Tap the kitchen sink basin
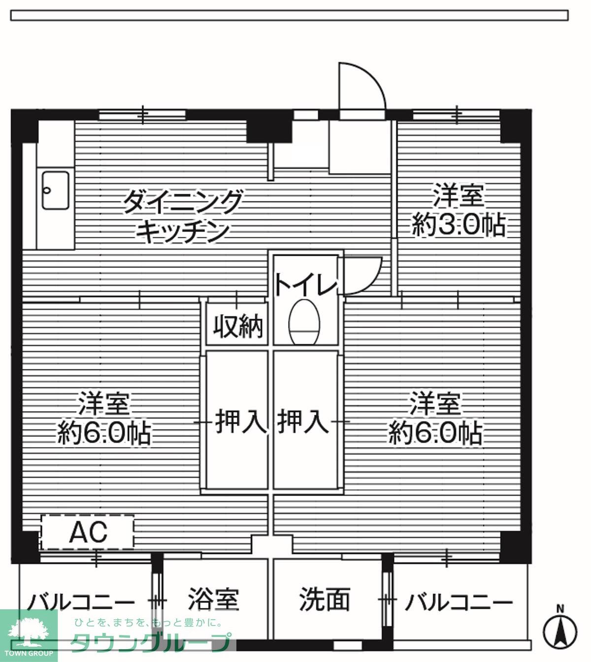click(55, 191)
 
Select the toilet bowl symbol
click(304, 323)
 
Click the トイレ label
click(305, 285)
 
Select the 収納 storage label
click(238, 326)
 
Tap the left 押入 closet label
click(240, 422)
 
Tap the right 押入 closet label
click(302, 422)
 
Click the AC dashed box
click(88, 532)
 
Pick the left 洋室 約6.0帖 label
click(104, 419)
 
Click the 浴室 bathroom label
click(213, 600)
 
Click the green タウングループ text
click(150, 642)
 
